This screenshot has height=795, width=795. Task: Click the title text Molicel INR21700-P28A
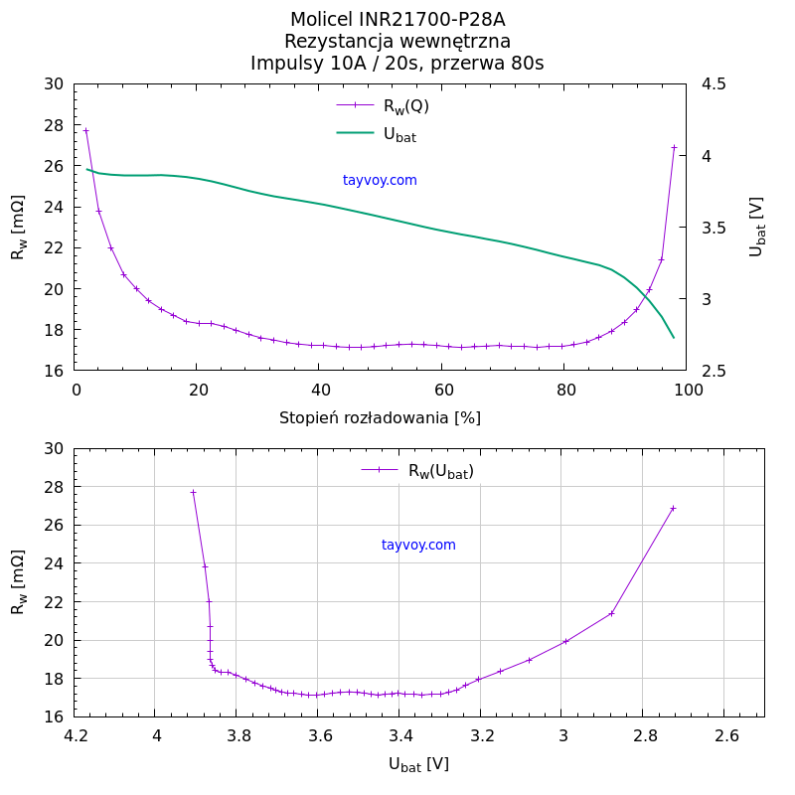(x=397, y=20)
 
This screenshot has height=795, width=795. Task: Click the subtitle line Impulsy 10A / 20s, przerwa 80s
(x=397, y=64)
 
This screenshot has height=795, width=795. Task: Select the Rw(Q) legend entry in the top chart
(x=383, y=105)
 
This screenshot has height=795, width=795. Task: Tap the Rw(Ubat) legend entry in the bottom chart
(x=417, y=471)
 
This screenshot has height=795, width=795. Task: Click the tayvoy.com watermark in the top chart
(x=380, y=181)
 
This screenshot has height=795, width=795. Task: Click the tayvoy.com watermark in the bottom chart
(x=418, y=546)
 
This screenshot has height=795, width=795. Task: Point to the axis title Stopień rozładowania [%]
(x=380, y=417)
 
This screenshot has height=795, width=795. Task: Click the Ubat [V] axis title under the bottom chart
(x=418, y=764)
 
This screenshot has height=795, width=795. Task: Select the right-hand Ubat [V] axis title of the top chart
(x=756, y=227)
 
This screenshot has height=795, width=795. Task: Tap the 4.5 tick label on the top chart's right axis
(x=713, y=84)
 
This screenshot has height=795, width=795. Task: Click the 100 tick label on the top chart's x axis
(x=687, y=391)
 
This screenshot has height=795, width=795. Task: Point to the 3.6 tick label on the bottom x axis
(x=319, y=736)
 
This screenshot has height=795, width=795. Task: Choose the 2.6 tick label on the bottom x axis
(x=726, y=736)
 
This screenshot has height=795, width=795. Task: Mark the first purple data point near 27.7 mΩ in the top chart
(x=85, y=130)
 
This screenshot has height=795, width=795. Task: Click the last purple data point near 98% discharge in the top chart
(x=674, y=147)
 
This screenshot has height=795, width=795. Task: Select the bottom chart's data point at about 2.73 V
(x=673, y=508)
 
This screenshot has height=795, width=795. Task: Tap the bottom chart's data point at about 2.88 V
(x=611, y=613)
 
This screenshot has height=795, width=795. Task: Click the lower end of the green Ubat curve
(x=673, y=337)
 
